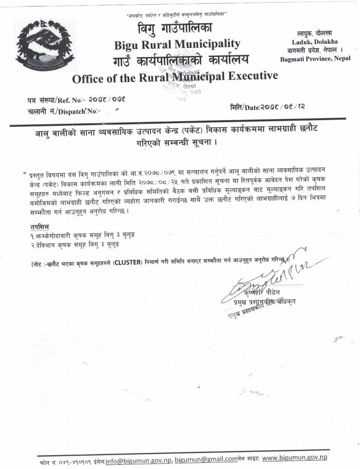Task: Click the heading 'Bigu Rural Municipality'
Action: [x=177, y=44]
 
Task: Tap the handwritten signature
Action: [x=268, y=273]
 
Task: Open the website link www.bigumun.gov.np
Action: [x=294, y=458]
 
